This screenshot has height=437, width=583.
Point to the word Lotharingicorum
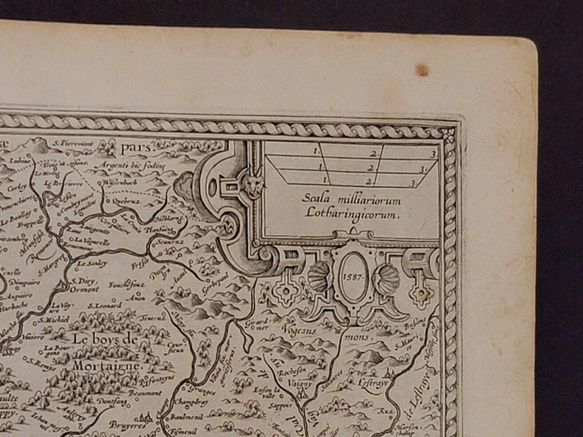click(352, 213)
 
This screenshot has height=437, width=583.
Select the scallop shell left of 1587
click(320, 278)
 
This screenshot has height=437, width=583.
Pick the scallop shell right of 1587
click(387, 278)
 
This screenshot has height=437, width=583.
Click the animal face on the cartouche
click(254, 184)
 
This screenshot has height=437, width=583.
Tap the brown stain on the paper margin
click(421, 70)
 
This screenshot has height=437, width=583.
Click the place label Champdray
click(191, 401)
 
